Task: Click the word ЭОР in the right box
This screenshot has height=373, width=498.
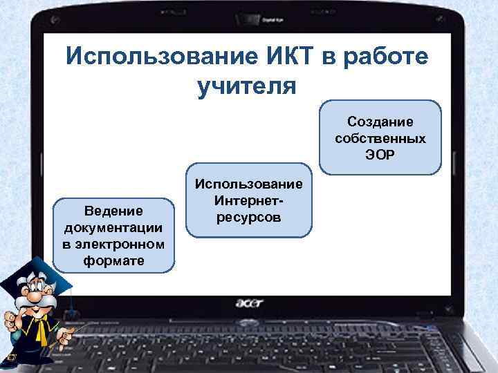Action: [x=380, y=155]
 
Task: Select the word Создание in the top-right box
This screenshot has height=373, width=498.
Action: [x=380, y=122]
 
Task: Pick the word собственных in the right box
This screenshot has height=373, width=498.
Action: [x=380, y=138]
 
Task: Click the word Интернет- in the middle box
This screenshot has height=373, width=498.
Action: [x=249, y=201]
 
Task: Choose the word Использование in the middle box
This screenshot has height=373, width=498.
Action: [x=249, y=184]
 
